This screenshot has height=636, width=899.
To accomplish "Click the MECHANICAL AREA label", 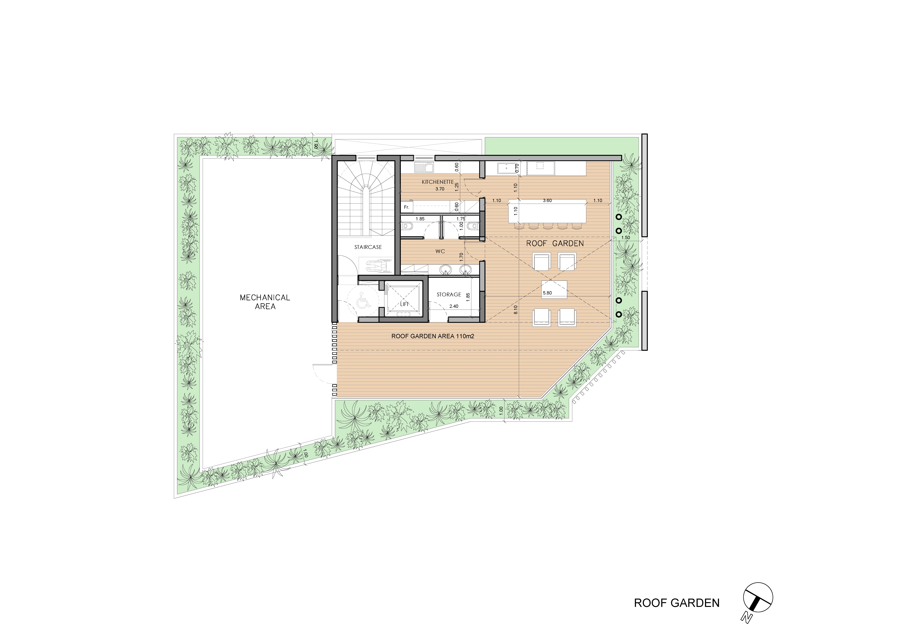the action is pyautogui.click(x=265, y=302).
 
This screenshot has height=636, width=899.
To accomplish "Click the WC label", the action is pyautogui.click(x=440, y=251).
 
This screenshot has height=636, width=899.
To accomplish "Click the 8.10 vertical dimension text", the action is pyautogui.click(x=516, y=310).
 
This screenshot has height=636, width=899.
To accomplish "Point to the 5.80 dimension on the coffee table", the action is pyautogui.click(x=547, y=292).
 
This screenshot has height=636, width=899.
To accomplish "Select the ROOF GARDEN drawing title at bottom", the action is pyautogui.click(x=677, y=602).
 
